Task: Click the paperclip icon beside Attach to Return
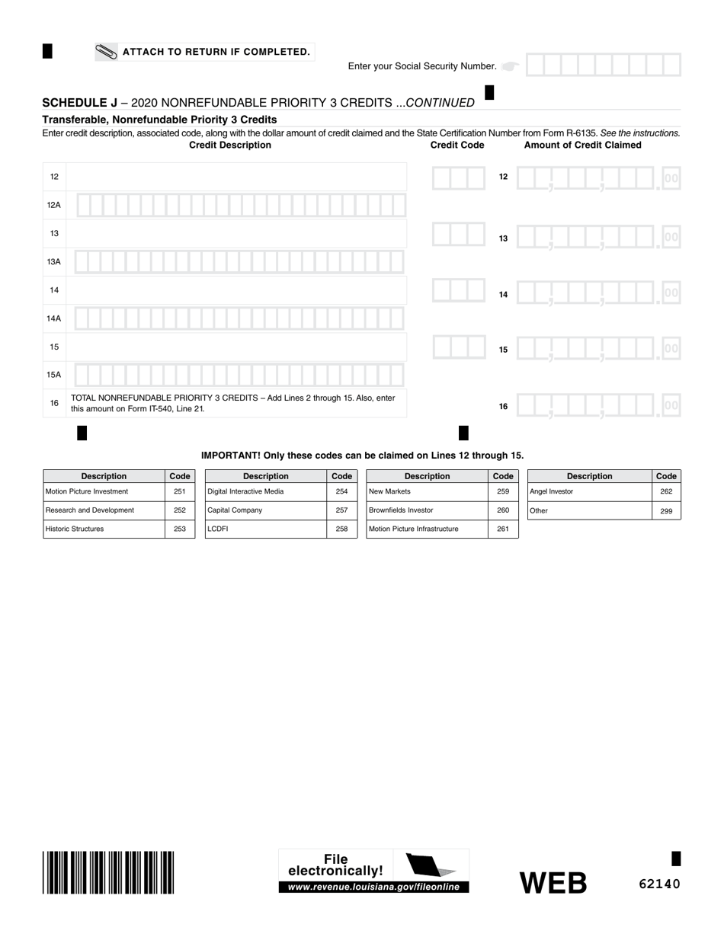[x=107, y=52]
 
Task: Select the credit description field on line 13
[x=236, y=233]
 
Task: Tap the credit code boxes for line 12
[x=458, y=177]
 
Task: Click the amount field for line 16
[x=598, y=405]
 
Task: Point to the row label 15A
[x=54, y=375]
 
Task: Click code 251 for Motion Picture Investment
[x=180, y=492]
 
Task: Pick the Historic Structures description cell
[x=104, y=529]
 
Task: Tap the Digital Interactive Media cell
[x=265, y=492]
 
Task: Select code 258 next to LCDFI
[x=341, y=529]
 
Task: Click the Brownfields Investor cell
[x=427, y=510]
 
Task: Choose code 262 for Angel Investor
[x=666, y=492]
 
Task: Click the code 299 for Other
[x=666, y=511]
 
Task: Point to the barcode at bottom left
[x=109, y=871]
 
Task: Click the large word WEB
[x=553, y=882]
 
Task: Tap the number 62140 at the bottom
[x=659, y=884]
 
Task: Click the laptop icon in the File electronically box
[x=431, y=865]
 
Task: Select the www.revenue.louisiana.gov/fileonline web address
[x=373, y=887]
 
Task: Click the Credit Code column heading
[x=457, y=145]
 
